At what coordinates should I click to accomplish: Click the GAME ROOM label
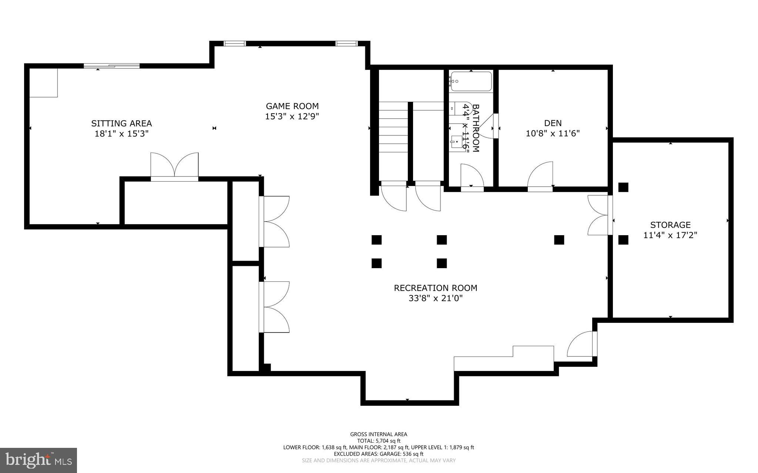[x=292, y=106]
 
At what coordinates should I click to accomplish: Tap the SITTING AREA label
[x=121, y=123]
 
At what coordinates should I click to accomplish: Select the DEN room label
[x=553, y=123]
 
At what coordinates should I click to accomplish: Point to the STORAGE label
[x=670, y=224]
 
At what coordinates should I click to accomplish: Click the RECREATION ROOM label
[x=435, y=288]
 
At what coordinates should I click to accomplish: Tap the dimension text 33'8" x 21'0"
[x=435, y=298]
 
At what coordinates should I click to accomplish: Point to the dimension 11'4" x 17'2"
[x=670, y=235]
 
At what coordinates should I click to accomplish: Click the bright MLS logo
[x=38, y=460]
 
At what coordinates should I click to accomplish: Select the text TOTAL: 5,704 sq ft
[x=379, y=441]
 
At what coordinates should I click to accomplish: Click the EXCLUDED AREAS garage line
[x=379, y=454]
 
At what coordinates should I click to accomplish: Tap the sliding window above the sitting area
[x=111, y=66]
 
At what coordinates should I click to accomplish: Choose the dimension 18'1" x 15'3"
[x=121, y=134]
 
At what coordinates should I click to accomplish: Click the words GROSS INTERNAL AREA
[x=379, y=434]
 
